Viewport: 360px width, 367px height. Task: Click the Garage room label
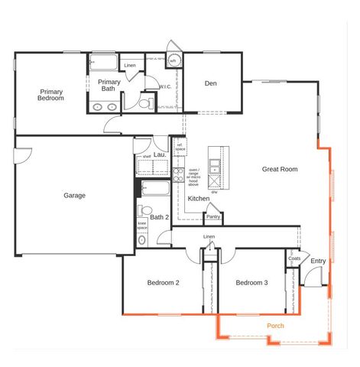click(x=74, y=195)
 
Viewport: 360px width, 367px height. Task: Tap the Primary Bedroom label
click(x=51, y=95)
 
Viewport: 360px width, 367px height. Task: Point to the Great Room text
click(x=280, y=169)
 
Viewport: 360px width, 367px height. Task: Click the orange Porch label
click(x=275, y=326)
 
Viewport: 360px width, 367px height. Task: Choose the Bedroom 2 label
click(x=163, y=283)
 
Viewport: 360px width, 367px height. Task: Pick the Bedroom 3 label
click(x=251, y=283)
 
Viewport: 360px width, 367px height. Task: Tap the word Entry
click(x=318, y=261)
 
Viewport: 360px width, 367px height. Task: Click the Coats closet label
click(x=294, y=258)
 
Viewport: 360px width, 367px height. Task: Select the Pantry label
click(x=212, y=217)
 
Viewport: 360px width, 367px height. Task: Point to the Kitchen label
click(x=199, y=199)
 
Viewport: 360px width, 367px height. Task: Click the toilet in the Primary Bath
click(x=144, y=102)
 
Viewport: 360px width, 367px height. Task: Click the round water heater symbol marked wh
click(x=174, y=60)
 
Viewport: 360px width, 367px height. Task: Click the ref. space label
click(x=180, y=147)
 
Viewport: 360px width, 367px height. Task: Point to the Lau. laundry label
click(x=160, y=154)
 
